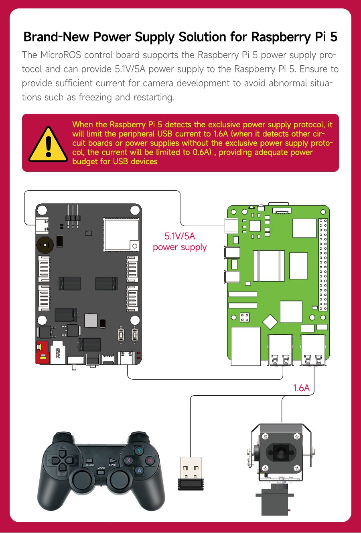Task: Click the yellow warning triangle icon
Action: pyautogui.click(x=48, y=145)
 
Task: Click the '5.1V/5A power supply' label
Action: pyautogui.click(x=180, y=242)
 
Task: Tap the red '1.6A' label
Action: pyautogui.click(x=301, y=388)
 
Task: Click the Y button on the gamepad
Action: pyautogui.click(x=139, y=451)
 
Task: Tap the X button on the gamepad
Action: pyautogui.click(x=129, y=461)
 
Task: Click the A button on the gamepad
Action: pyautogui.click(x=139, y=471)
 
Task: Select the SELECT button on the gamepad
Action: pyautogui.click(x=90, y=461)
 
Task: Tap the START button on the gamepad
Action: pyautogui.click(x=113, y=461)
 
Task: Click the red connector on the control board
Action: pyautogui.click(x=42, y=353)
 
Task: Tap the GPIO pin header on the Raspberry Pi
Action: pyautogui.click(x=323, y=264)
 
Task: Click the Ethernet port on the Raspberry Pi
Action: pyautogui.click(x=245, y=346)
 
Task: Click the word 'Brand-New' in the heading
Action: pyautogui.click(x=57, y=37)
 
